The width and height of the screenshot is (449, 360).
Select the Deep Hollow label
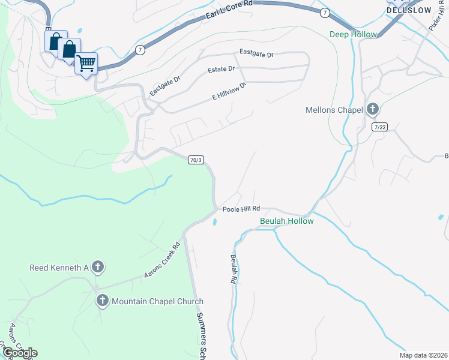(x=353, y=34)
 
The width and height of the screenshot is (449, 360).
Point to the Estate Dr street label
(x=221, y=70)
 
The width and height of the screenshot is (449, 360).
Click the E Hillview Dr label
(x=229, y=91)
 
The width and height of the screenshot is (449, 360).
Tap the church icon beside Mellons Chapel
(x=372, y=109)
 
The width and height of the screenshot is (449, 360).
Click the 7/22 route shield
(x=379, y=127)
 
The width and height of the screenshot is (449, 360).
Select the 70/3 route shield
(x=196, y=160)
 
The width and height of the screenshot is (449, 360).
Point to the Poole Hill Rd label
(x=241, y=209)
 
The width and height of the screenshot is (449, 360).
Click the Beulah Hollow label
(x=286, y=221)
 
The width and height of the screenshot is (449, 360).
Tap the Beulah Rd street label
(x=233, y=268)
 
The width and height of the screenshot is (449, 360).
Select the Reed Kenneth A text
(x=59, y=267)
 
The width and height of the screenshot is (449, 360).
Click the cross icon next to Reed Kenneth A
(x=97, y=267)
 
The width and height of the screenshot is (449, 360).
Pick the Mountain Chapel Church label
(x=158, y=301)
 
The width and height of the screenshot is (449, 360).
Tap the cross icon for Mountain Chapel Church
(x=103, y=301)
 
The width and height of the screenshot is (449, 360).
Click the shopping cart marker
(x=86, y=62)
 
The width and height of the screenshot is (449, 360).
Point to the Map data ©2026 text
(x=423, y=355)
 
